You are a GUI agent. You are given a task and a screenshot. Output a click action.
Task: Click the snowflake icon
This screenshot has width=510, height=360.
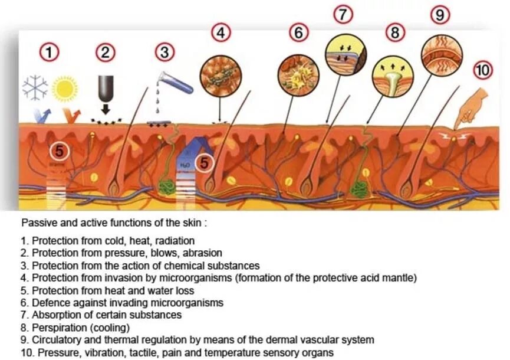[35, 87]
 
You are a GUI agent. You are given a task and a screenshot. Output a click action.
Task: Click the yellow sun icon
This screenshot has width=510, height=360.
[64, 89]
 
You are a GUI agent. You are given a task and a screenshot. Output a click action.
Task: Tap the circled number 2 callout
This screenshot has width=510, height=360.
[106, 53]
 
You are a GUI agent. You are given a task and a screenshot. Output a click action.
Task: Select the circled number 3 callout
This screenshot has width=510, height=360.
[164, 53]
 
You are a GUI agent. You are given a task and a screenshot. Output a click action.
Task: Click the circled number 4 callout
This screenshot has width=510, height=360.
[221, 32]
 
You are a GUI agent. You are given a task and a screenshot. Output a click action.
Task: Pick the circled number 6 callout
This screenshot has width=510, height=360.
[299, 32]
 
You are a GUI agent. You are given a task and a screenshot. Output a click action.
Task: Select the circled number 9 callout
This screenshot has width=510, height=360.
[440, 15]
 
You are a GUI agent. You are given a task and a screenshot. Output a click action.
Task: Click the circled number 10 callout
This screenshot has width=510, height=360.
[483, 71]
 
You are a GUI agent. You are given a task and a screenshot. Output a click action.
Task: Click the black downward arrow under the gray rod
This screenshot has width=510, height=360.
[106, 109]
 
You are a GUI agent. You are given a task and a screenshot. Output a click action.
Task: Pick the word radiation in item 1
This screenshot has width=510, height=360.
[175, 241]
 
